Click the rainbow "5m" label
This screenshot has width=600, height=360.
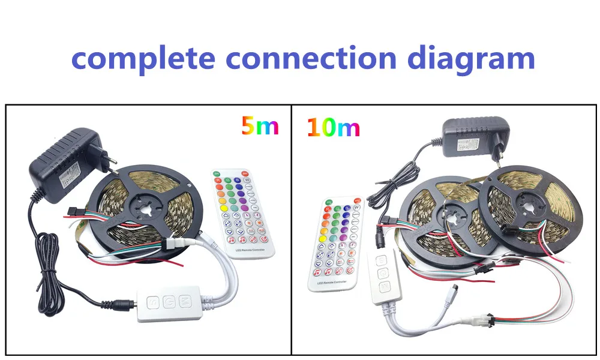click(x=260, y=126)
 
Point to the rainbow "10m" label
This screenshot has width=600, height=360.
click(x=333, y=127)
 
